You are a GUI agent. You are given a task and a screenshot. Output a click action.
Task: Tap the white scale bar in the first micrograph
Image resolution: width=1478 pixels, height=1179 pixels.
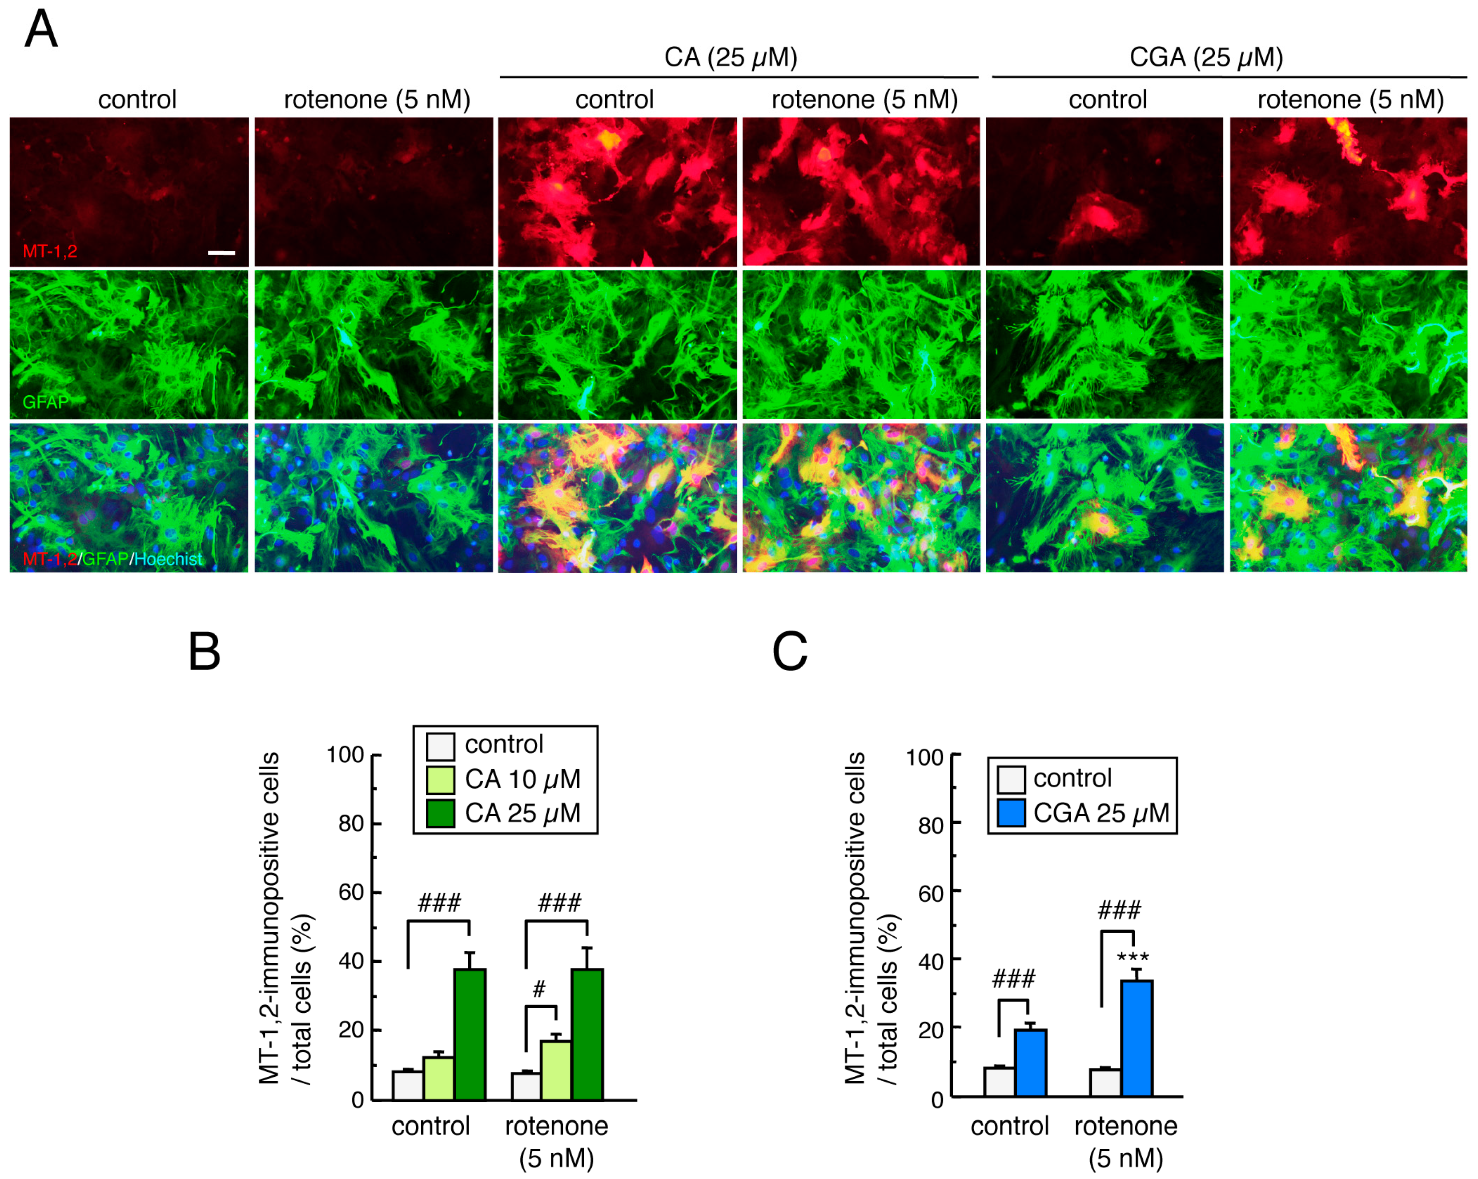pos(221,253)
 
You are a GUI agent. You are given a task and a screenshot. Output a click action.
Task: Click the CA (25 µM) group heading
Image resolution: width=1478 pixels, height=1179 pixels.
pos(731,57)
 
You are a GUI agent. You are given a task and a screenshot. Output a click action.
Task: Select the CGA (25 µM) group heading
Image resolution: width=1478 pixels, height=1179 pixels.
pos(1206,57)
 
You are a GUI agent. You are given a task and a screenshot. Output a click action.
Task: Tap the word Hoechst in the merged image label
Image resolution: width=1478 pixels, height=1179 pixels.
pos(169,559)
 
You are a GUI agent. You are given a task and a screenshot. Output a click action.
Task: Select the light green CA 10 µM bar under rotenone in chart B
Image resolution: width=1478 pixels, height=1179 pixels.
pos(556,1070)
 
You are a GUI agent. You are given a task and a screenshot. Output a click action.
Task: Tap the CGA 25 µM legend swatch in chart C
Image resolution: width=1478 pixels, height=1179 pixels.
pos(1011,814)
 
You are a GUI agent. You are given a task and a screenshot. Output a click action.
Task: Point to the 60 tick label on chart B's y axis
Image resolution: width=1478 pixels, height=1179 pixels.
pos(351,893)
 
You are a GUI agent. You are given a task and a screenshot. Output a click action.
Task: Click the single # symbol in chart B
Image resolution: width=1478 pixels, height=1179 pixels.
pos(539,989)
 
